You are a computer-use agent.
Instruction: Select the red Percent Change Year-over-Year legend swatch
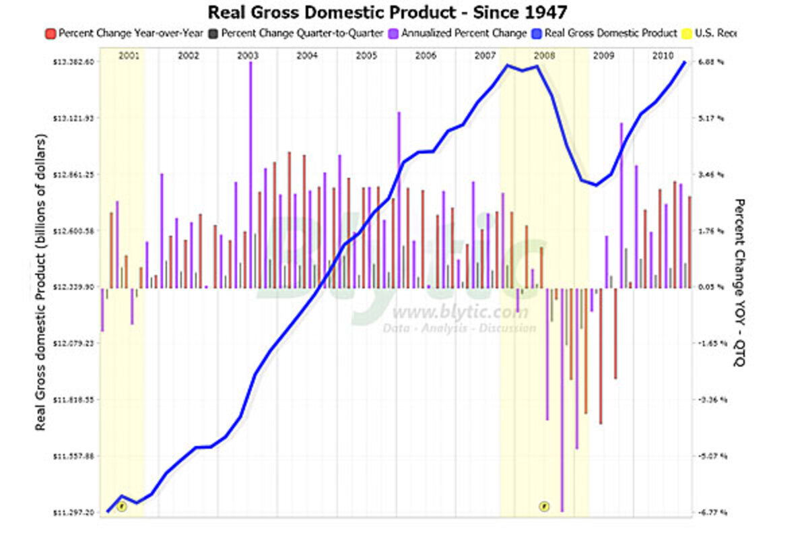(50, 32)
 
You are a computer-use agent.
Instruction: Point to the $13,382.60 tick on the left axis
(74, 61)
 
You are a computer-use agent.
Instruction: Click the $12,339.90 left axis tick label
(74, 287)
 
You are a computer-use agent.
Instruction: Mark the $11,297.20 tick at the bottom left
(74, 513)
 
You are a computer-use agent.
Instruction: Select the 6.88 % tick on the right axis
(711, 61)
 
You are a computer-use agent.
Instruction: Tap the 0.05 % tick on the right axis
(711, 287)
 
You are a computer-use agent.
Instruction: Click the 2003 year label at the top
(248, 55)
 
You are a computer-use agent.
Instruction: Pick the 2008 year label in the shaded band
(544, 55)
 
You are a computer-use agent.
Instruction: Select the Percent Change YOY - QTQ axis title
(739, 283)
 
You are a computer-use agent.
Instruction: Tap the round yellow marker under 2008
(544, 506)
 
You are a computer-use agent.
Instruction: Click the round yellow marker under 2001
(122, 506)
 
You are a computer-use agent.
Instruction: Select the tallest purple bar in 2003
(250, 175)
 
